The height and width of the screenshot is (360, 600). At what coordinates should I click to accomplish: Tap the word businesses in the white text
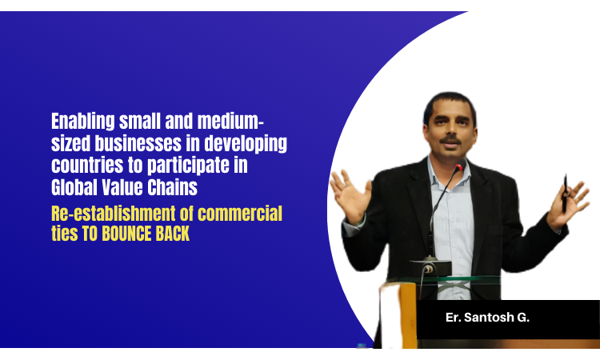click(138, 143)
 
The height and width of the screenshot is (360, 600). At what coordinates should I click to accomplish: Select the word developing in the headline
click(246, 144)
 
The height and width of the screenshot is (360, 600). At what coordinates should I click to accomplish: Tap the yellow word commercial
click(240, 214)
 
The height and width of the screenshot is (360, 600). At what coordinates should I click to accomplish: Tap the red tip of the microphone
click(458, 167)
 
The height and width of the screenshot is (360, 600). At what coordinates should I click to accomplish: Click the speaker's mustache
click(450, 140)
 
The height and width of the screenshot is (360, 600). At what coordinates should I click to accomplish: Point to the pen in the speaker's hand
click(565, 193)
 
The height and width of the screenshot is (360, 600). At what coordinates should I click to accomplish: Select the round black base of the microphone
click(430, 267)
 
